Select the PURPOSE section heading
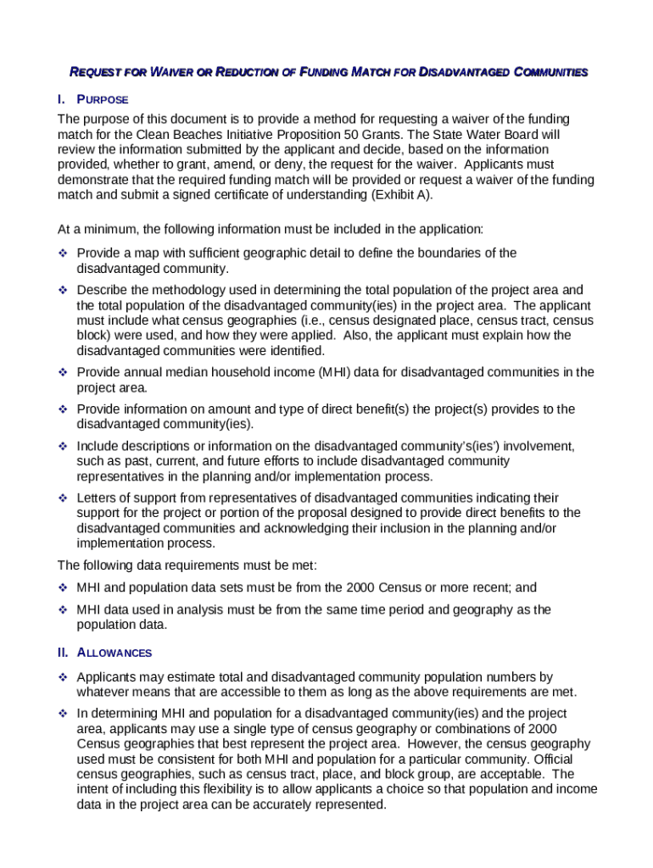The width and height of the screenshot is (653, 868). pyautogui.click(x=103, y=100)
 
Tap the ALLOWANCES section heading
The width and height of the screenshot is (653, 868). pyautogui.click(x=114, y=653)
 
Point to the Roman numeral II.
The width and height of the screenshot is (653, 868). pyautogui.click(x=64, y=653)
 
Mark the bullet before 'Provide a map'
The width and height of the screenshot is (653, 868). pyautogui.click(x=62, y=253)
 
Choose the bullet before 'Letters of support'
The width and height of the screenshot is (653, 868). pyautogui.click(x=62, y=498)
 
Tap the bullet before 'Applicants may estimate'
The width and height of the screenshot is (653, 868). pyautogui.click(x=62, y=677)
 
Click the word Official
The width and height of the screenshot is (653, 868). pyautogui.click(x=572, y=759)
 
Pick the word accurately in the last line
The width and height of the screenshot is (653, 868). pyautogui.click(x=265, y=804)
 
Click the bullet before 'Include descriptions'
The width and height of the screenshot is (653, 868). pyautogui.click(x=62, y=446)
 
